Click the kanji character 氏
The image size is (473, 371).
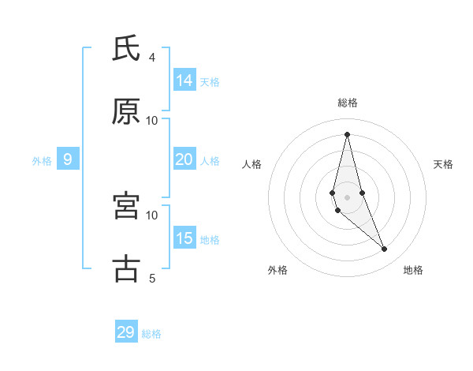(126, 49)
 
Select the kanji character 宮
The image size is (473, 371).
(126, 206)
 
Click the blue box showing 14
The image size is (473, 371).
(184, 80)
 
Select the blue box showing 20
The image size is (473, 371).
(184, 159)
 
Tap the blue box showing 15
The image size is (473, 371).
(184, 238)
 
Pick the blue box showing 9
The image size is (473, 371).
(68, 159)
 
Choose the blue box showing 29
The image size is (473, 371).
(126, 332)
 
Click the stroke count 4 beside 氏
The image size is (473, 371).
(152, 58)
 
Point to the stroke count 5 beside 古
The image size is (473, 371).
(152, 278)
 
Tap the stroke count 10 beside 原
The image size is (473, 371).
(152, 121)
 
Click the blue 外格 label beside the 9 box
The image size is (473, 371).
(42, 161)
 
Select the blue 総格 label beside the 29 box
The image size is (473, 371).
(152, 334)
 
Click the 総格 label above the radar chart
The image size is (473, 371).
(347, 103)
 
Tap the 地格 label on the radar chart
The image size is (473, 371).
(413, 270)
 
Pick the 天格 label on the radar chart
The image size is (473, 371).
(443, 164)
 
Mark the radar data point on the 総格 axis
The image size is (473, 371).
(347, 134)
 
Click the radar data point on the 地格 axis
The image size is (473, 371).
(385, 249)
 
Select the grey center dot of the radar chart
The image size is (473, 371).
(347, 197)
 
